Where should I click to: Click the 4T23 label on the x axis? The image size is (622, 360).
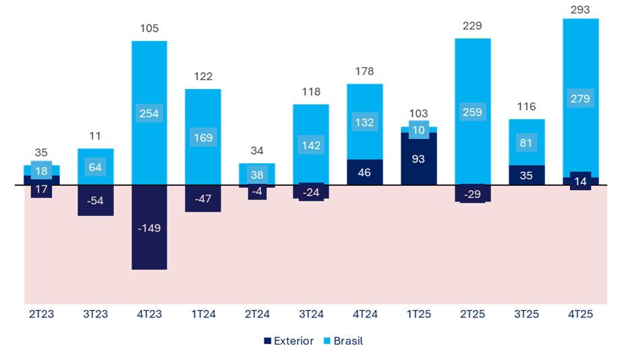coord(149,314)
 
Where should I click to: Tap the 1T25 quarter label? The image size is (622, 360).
coord(419,314)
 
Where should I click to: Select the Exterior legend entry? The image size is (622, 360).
coord(288,341)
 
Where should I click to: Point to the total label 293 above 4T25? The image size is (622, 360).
coord(580,10)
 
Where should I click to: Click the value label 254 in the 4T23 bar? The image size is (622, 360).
coord(149,113)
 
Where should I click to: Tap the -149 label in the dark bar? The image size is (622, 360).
coord(149,228)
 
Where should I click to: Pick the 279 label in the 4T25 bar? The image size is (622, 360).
coord(580,99)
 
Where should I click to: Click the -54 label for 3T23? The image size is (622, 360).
coord(95,202)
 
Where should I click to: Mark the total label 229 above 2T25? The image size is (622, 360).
coord(472,26)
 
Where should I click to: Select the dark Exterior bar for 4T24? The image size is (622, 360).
coord(365,172)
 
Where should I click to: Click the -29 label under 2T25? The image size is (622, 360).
coord(472,193)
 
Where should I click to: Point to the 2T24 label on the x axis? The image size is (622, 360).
coord(257,314)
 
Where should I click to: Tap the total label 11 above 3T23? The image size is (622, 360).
coord(95,136)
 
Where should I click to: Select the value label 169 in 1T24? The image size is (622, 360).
coord(203,138)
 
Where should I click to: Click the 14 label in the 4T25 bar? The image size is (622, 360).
coord(580,181)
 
